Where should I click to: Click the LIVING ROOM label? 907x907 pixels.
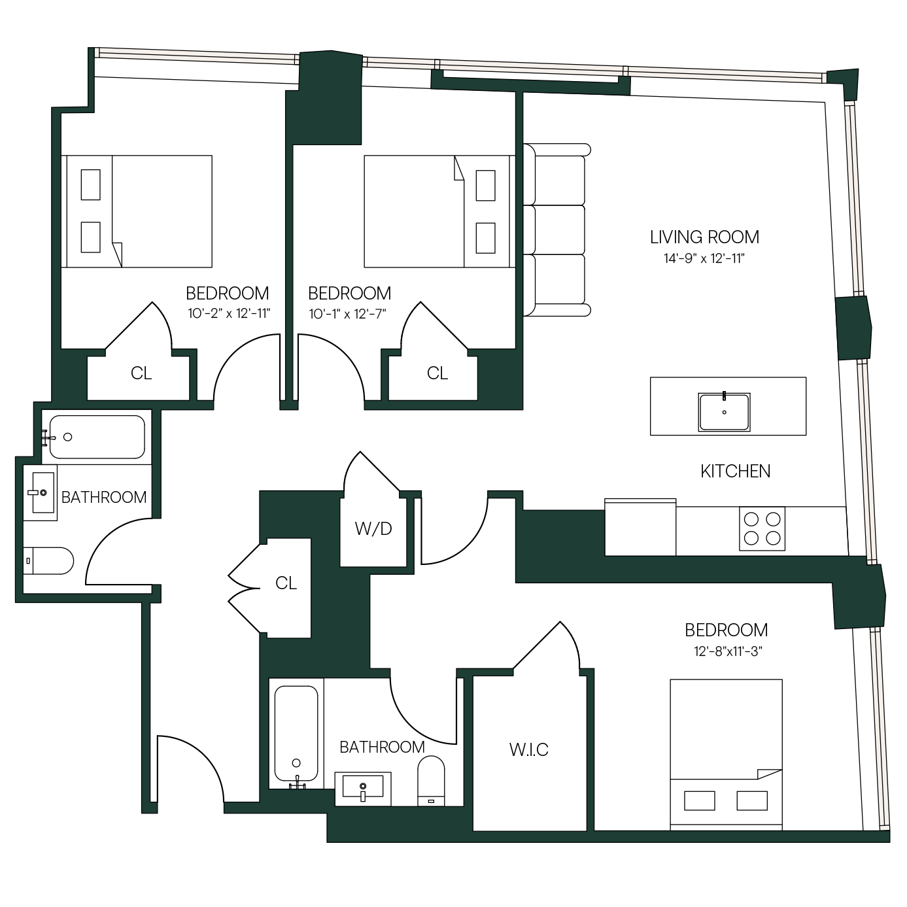704,237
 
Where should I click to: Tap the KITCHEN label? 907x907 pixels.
735,471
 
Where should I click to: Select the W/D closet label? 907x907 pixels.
373,528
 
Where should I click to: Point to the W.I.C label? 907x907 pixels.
528,750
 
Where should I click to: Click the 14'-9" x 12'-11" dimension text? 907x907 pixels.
704,258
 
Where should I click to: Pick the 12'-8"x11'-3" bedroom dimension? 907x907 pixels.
728,651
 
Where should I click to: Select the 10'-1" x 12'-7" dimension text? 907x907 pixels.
347,313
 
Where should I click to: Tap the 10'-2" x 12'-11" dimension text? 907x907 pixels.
229,313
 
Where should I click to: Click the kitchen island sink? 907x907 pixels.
724,412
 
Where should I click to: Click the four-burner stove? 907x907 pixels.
762,528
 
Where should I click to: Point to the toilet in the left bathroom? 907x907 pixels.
48,560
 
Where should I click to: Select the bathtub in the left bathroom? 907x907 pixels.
97,437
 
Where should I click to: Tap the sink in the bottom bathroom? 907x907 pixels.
363,789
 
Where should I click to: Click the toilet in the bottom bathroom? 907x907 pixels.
431,782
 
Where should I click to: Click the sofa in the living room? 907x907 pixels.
556,230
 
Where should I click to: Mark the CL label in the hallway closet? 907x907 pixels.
286,583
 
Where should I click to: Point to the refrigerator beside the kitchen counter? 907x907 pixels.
640,526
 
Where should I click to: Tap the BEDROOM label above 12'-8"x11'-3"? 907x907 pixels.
727,630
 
